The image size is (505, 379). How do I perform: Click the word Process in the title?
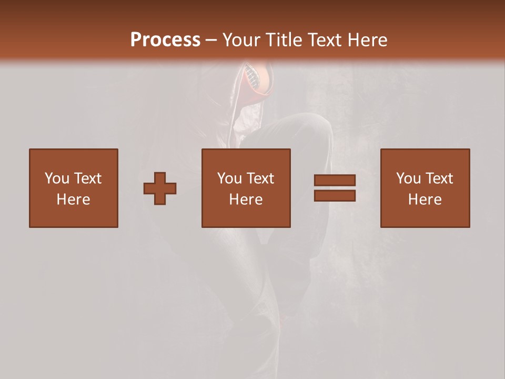(x=165, y=40)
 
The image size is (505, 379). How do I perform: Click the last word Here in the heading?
(x=366, y=40)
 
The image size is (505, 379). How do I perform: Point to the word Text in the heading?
(x=324, y=40)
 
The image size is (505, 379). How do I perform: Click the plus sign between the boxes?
(x=160, y=188)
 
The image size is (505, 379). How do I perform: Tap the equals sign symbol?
(x=335, y=188)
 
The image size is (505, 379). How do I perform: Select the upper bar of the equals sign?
(x=335, y=181)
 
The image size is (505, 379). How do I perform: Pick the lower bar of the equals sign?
(x=335, y=195)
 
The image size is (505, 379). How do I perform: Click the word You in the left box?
(x=57, y=178)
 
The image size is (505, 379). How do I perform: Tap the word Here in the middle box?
(x=246, y=200)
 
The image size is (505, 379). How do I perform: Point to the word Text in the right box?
(x=438, y=178)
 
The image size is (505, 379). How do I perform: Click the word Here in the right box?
(x=425, y=200)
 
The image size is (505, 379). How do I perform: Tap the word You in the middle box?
(x=229, y=178)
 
